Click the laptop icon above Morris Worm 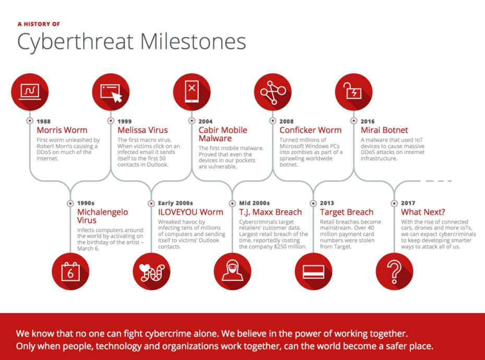[30, 92]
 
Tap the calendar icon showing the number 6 [70, 271]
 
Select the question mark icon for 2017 [394, 271]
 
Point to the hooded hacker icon [232, 271]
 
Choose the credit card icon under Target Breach [313, 271]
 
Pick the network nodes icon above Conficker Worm [273, 92]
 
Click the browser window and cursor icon [111, 92]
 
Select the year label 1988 [44, 121]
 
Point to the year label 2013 [327, 203]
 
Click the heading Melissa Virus [142, 130]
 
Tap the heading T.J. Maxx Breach [270, 212]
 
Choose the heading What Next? [423, 212]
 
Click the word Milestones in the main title [193, 41]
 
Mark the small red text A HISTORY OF [39, 24]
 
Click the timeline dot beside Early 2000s [151, 203]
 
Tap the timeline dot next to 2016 [354, 121]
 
